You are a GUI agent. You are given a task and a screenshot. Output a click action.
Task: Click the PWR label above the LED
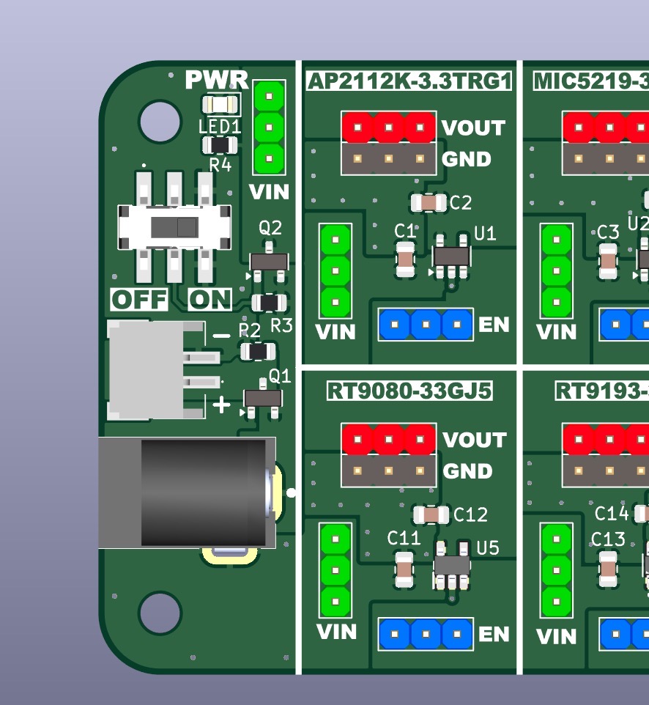point(216,79)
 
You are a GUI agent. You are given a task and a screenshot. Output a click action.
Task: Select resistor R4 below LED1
point(220,145)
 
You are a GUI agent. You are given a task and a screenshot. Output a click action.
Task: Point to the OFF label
point(139,300)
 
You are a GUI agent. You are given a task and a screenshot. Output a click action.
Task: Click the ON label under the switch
point(209,300)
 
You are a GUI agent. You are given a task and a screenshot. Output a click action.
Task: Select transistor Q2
point(269,262)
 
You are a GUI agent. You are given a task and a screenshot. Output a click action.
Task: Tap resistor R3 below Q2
point(269,302)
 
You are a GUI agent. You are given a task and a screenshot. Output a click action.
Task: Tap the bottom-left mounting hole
point(160,613)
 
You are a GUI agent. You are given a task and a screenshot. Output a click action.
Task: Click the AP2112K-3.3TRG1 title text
point(409,81)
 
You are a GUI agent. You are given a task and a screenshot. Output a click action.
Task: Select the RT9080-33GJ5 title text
point(409,391)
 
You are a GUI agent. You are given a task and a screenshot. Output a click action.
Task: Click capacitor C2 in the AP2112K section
point(429,202)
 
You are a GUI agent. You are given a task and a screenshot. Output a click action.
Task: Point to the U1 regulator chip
point(451,256)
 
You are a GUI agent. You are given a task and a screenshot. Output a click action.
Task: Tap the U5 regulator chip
point(452,566)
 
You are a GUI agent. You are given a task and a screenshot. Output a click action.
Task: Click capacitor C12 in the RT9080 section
point(431,514)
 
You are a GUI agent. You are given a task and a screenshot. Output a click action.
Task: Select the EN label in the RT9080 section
point(493,634)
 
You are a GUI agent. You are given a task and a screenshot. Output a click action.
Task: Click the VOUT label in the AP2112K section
point(473,128)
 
